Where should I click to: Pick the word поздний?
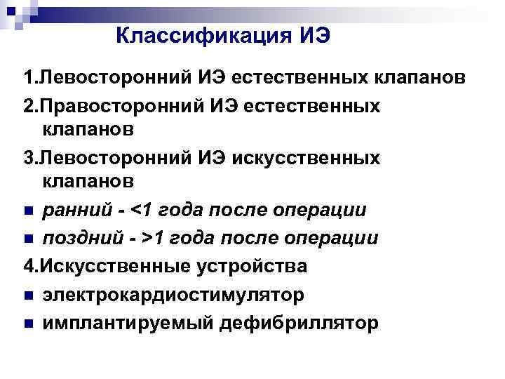click(76, 238)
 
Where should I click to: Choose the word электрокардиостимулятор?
click(173, 295)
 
